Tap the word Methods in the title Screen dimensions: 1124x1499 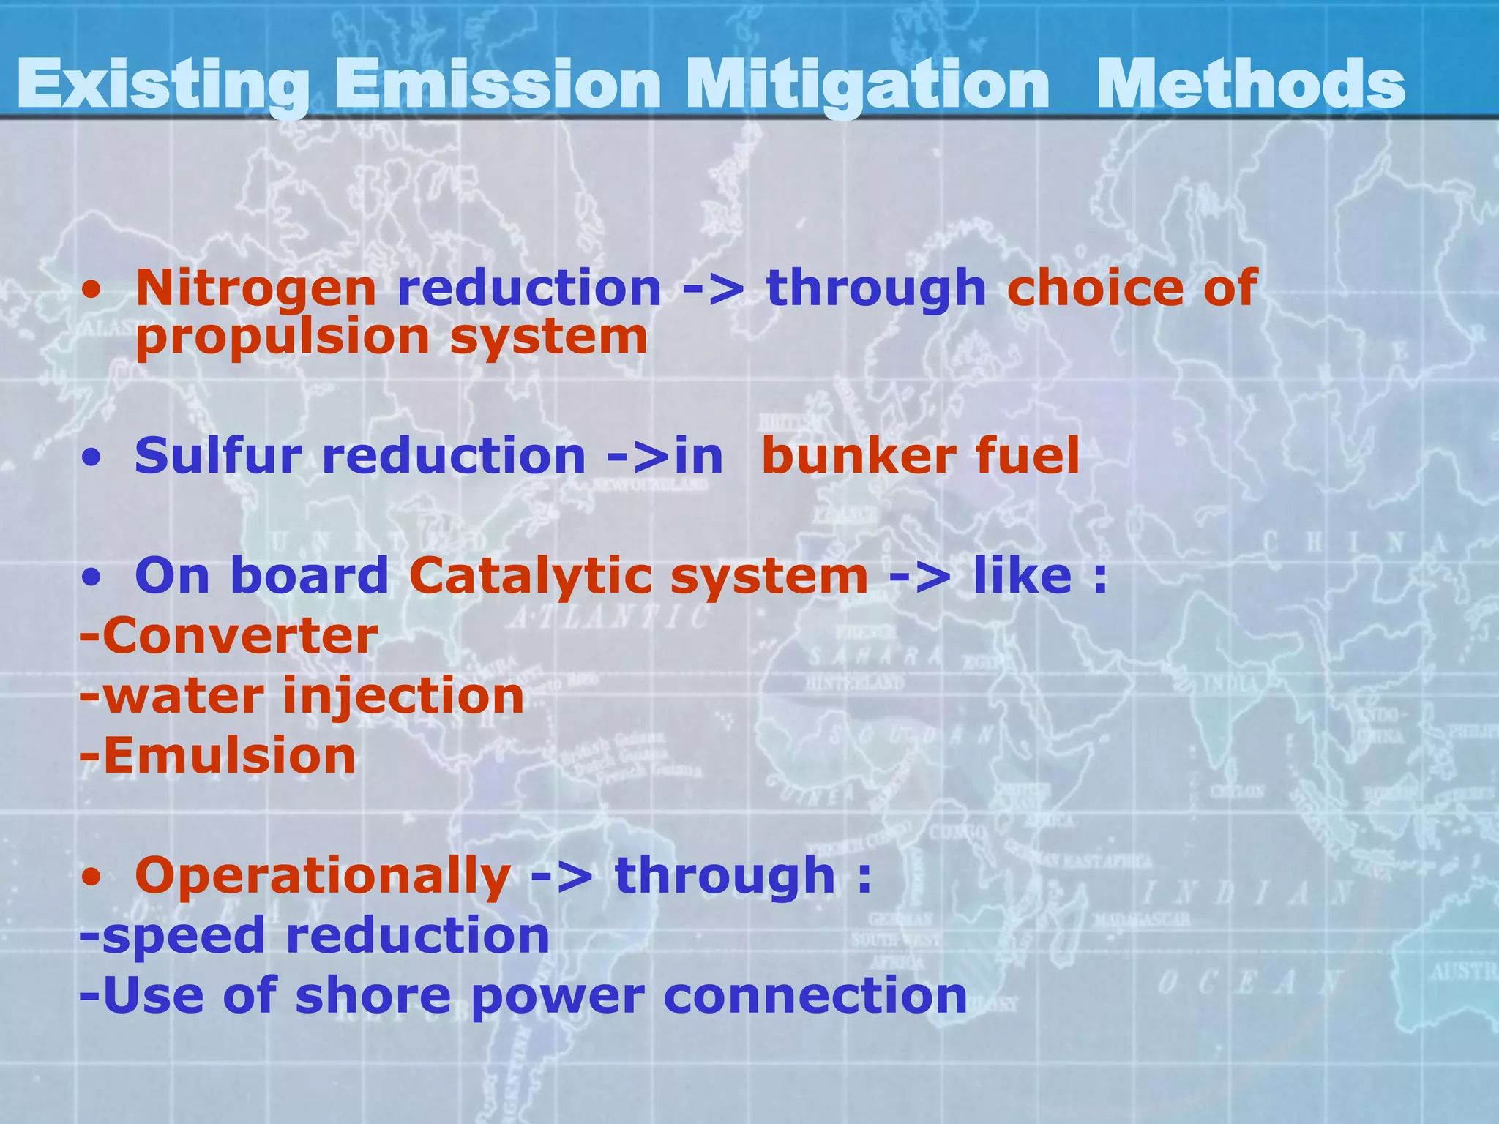(1250, 85)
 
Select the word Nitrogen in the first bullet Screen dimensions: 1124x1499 (255, 289)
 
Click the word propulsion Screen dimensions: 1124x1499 (283, 338)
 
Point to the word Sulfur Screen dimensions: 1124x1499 (218, 456)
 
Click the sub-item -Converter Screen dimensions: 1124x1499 (228, 636)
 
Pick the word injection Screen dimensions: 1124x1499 (403, 697)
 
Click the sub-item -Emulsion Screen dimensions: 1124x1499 (217, 756)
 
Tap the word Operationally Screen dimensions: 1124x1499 (323, 876)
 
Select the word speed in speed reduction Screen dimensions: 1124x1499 (183, 937)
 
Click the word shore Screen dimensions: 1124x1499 (373, 997)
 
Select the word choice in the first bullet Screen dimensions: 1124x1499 (1095, 288)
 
